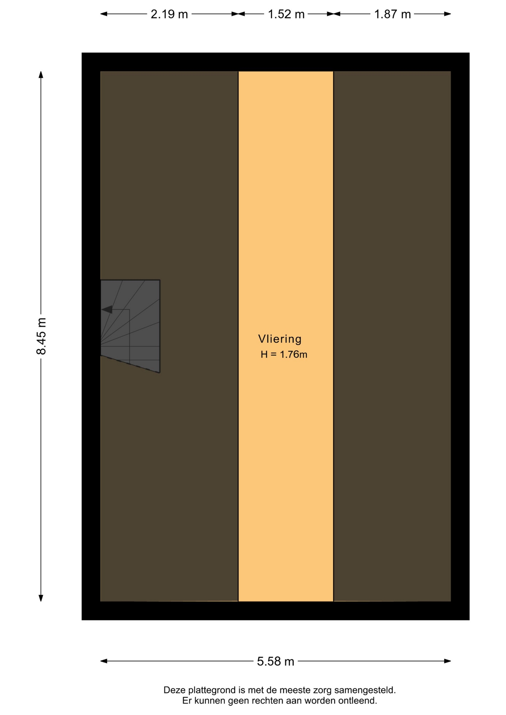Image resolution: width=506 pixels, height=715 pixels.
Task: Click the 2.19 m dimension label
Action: pyautogui.click(x=169, y=14)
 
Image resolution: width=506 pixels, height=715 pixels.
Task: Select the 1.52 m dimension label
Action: pyautogui.click(x=286, y=14)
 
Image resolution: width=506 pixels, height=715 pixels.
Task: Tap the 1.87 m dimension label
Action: pyautogui.click(x=392, y=14)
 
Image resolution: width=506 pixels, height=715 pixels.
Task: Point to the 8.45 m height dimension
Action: pyautogui.click(x=41, y=336)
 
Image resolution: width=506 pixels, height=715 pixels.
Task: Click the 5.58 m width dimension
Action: pyautogui.click(x=276, y=661)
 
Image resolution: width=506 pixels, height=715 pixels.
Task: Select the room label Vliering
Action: pyautogui.click(x=280, y=339)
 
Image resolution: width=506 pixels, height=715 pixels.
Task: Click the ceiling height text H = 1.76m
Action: pyautogui.click(x=284, y=355)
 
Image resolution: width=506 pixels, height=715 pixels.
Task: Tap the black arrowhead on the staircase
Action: pyautogui.click(x=107, y=309)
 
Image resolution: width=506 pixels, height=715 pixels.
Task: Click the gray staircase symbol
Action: pyautogui.click(x=130, y=326)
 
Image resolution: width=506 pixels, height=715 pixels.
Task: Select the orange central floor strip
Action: pyautogui.click(x=286, y=336)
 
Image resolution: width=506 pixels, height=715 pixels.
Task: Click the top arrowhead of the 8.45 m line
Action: pyautogui.click(x=41, y=74)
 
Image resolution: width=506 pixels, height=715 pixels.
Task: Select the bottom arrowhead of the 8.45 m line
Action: pyautogui.click(x=41, y=598)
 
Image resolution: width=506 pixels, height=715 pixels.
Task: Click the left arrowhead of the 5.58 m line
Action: pyautogui.click(x=104, y=661)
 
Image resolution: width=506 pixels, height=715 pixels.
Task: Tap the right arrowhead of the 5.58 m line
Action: pyautogui.click(x=448, y=661)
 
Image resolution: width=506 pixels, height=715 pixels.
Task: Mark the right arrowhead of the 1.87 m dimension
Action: pyautogui.click(x=448, y=14)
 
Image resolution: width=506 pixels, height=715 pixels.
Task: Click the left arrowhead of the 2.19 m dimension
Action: pyautogui.click(x=104, y=14)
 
